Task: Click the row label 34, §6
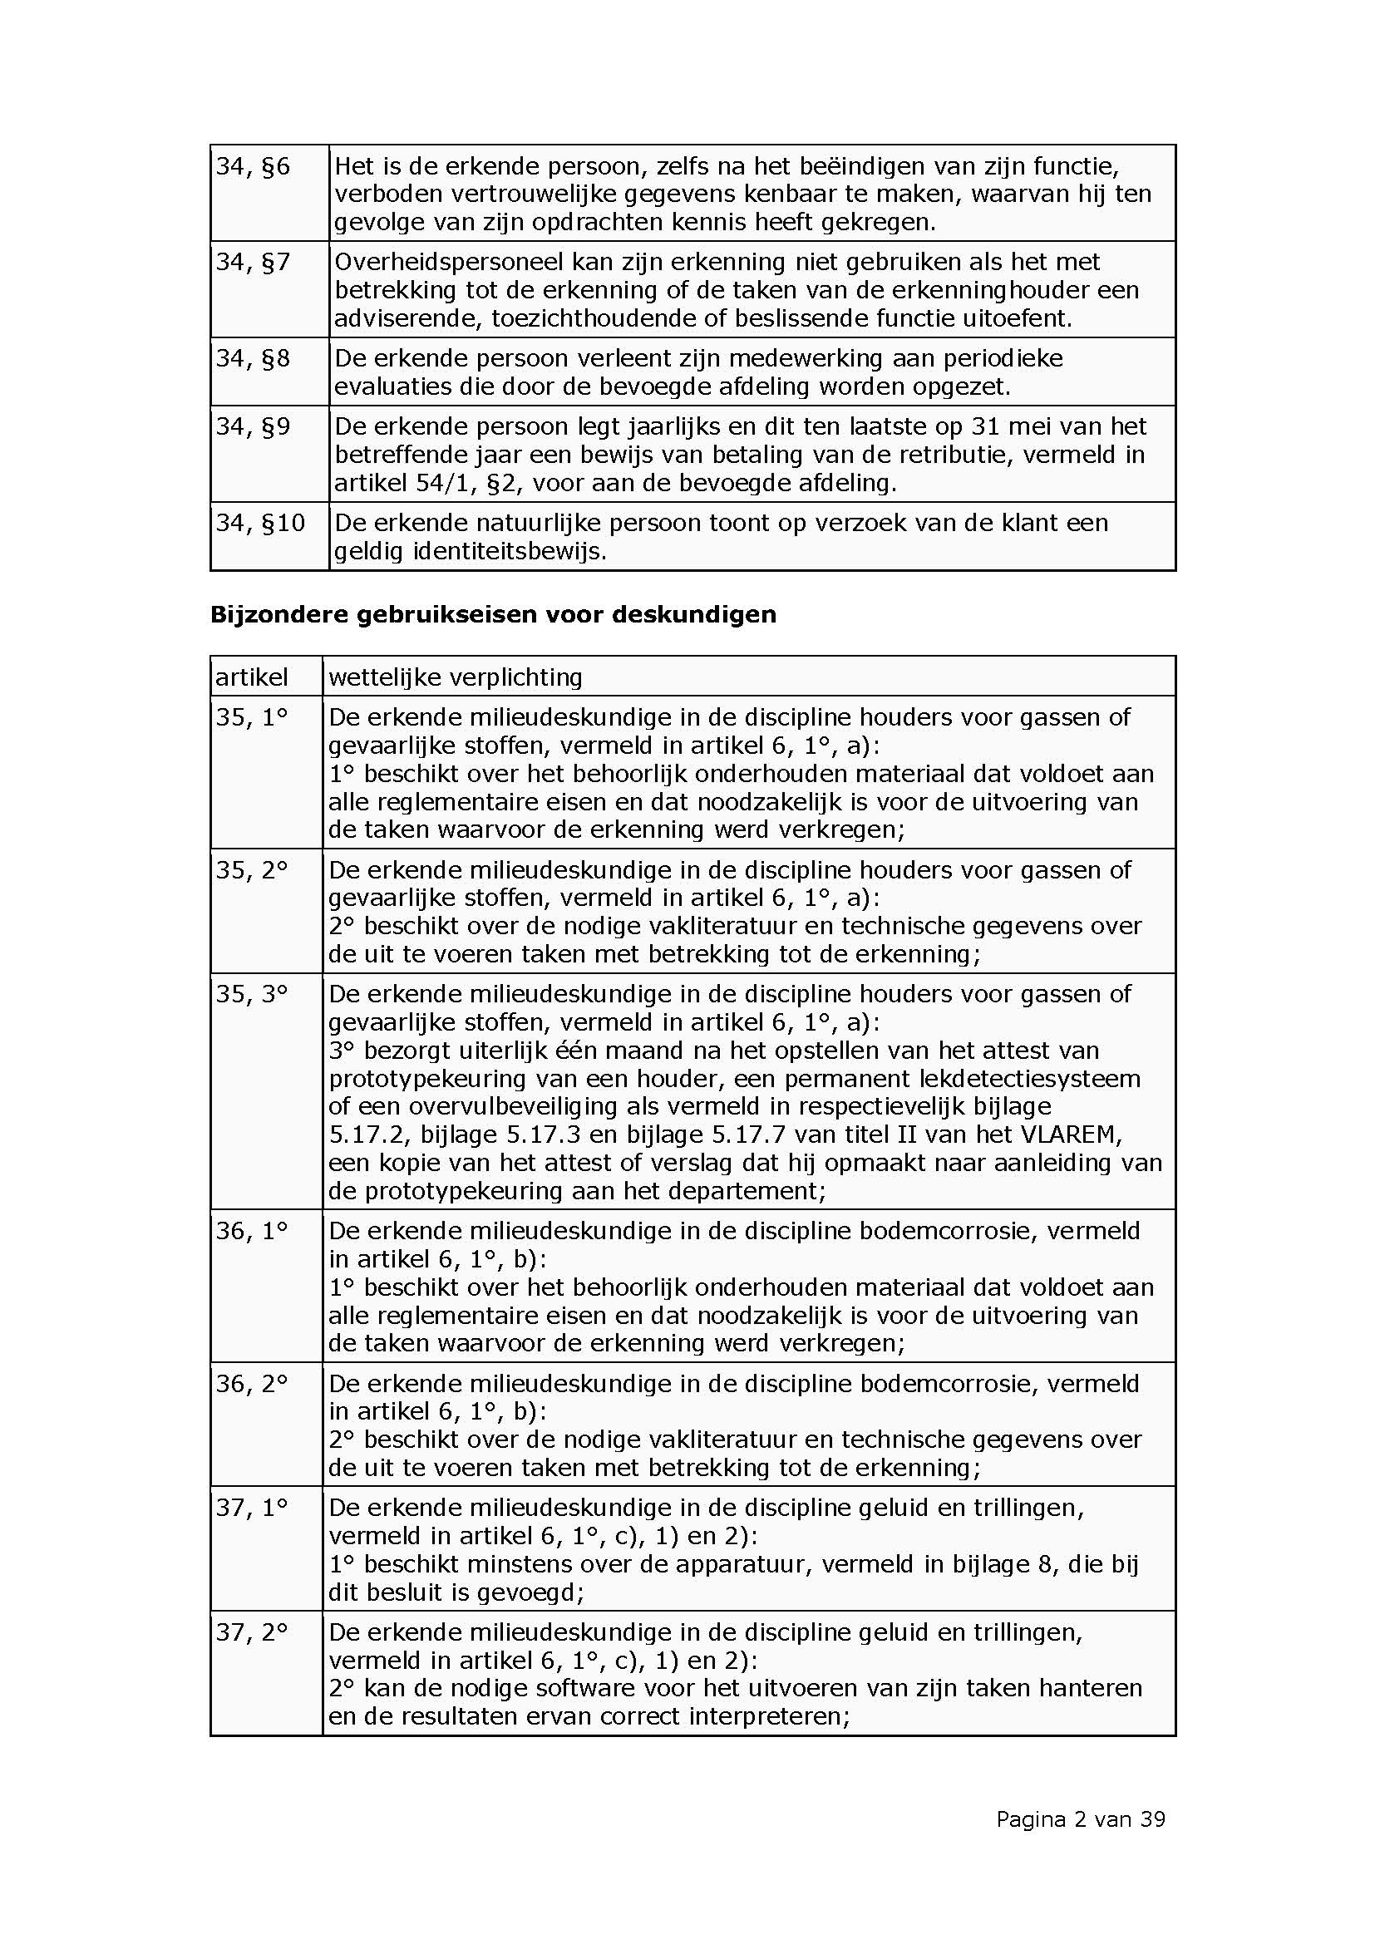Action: click(x=253, y=167)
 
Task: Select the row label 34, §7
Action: click(x=253, y=263)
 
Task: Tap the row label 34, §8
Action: click(x=253, y=359)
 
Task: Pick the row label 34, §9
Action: click(x=253, y=426)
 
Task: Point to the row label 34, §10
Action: click(x=260, y=524)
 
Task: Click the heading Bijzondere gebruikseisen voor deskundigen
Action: click(x=493, y=614)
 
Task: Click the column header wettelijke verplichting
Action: click(x=456, y=677)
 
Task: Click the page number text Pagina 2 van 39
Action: click(x=1081, y=1819)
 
